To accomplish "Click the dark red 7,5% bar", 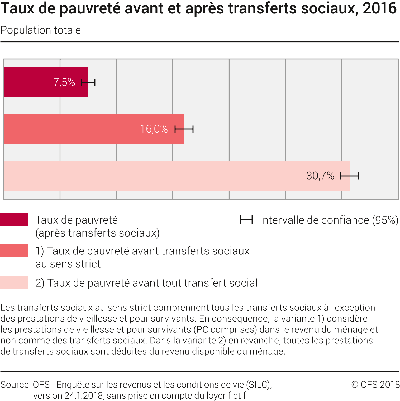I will coord(29,82).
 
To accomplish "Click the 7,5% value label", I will coord(64,82).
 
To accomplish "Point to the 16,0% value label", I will coord(154,129).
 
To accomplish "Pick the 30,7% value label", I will coord(320,176).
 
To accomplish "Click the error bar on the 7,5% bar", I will coord(88,82).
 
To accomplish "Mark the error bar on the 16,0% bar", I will coord(184,129).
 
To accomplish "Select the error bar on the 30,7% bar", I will coord(350,176).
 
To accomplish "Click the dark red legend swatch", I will coord(14,219).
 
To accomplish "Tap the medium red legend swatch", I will coord(14,250).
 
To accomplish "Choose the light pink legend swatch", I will coord(14,282).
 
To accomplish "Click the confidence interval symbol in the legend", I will coord(246,220).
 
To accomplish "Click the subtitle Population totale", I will coord(41,30).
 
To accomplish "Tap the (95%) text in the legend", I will coord(385,220).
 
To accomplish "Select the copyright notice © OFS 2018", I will coord(375,385).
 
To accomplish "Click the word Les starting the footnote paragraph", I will coord(8,308).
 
